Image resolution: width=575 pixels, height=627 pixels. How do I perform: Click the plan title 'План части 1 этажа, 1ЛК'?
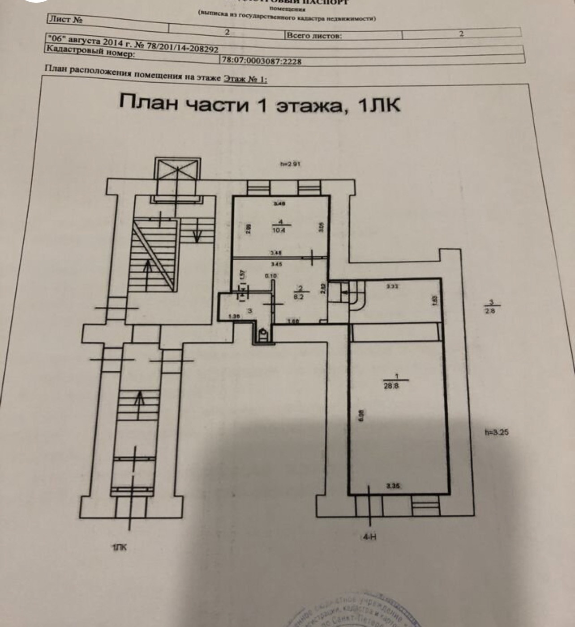pos(260,104)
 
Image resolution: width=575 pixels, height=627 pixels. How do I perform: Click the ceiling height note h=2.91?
pos(290,164)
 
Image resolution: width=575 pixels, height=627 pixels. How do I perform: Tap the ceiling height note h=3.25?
pos(497,432)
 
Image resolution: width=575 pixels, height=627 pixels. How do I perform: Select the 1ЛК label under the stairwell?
pos(119,547)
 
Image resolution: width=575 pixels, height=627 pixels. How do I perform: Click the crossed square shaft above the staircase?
pos(176,170)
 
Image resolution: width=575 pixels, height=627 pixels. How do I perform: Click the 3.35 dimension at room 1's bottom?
pos(393,486)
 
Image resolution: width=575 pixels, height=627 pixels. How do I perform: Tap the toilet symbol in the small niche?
pos(263,333)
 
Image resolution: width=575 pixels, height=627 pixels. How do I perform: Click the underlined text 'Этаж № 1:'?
pos(245,79)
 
